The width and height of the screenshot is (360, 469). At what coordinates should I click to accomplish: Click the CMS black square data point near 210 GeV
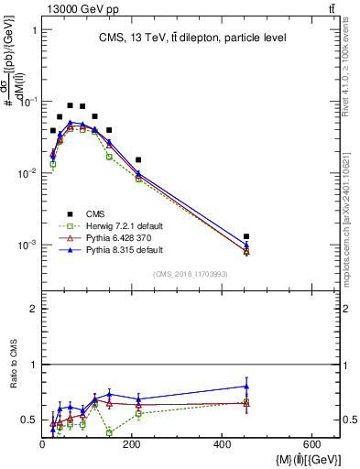(x=138, y=160)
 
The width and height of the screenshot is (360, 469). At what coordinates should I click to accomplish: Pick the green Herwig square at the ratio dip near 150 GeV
(x=110, y=432)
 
